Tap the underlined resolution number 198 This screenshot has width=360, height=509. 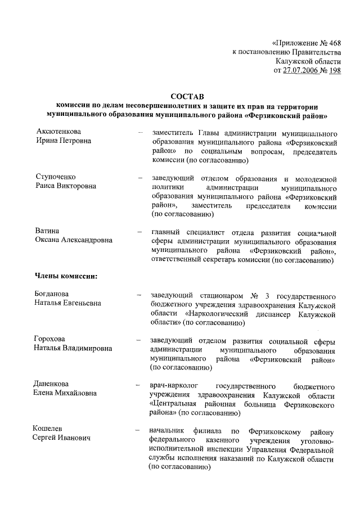click(335, 70)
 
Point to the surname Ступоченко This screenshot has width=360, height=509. click(56, 177)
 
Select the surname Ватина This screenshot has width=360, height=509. click(47, 231)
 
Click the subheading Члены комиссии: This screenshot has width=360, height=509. click(67, 276)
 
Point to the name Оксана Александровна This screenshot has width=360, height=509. click(74, 240)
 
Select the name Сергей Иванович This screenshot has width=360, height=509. click(60, 438)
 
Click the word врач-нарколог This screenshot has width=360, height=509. click(173, 386)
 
